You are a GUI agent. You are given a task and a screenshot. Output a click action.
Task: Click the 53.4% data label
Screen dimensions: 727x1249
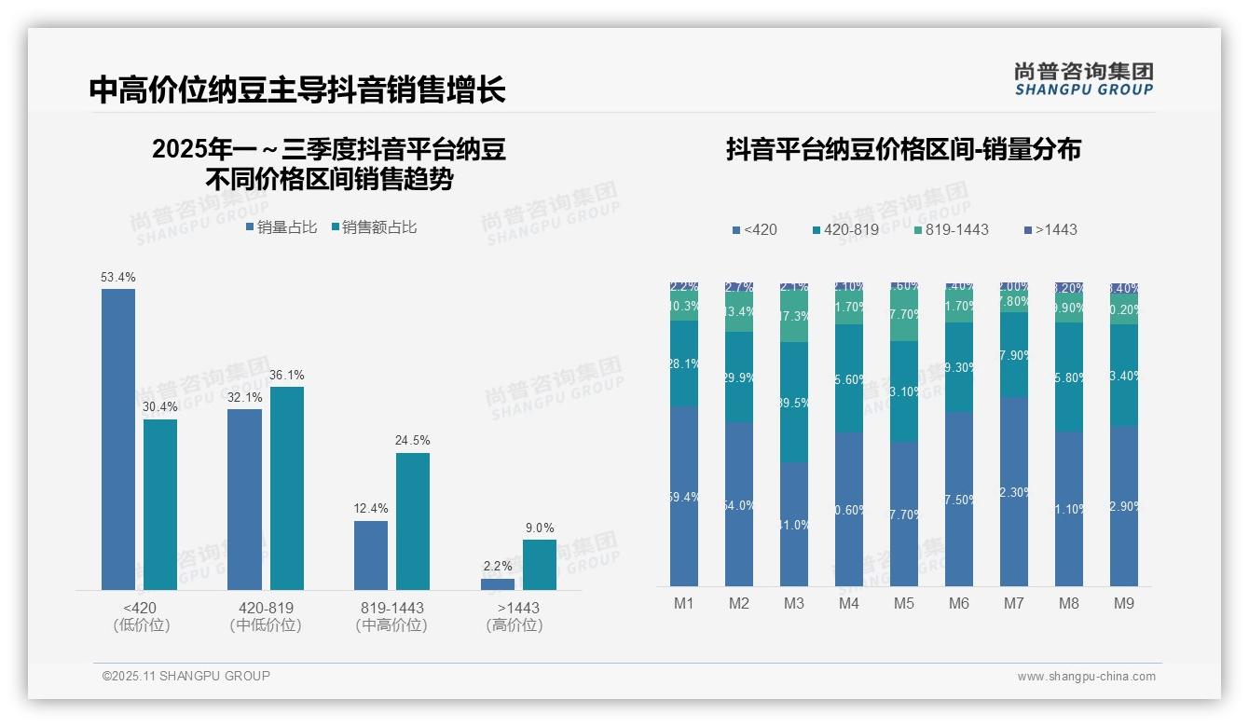118,277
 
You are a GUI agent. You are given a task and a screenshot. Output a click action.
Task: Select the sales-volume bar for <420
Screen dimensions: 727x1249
118,438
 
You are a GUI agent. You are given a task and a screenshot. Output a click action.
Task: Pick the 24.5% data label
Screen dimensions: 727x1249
413,440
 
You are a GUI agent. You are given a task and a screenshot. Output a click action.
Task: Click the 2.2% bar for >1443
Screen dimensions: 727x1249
498,584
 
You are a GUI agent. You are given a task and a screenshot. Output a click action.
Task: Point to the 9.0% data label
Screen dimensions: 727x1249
540,528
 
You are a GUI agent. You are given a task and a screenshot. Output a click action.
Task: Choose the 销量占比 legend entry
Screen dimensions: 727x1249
281,227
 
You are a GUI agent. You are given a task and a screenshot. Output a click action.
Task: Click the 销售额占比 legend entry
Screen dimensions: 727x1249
375,227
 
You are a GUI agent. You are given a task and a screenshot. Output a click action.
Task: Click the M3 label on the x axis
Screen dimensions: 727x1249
793,603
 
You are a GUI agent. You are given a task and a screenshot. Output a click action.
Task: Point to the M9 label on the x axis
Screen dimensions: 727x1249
1124,603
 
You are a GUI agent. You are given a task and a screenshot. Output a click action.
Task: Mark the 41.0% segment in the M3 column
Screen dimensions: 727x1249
794,524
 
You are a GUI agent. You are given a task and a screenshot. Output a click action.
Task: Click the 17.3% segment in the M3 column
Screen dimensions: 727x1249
794,317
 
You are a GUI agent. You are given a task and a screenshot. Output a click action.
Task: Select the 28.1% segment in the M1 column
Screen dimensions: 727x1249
684,363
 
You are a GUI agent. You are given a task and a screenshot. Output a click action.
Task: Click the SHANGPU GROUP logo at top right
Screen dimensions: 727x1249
1083,79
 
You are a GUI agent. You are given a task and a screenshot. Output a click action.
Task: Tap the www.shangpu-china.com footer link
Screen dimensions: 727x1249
1086,677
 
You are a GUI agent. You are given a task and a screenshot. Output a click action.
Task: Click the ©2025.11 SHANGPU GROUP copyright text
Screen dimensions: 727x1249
186,676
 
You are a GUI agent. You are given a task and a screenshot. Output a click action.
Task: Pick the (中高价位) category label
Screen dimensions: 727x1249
391,625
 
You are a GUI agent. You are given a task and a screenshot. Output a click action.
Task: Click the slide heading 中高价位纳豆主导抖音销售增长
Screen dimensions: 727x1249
297,89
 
